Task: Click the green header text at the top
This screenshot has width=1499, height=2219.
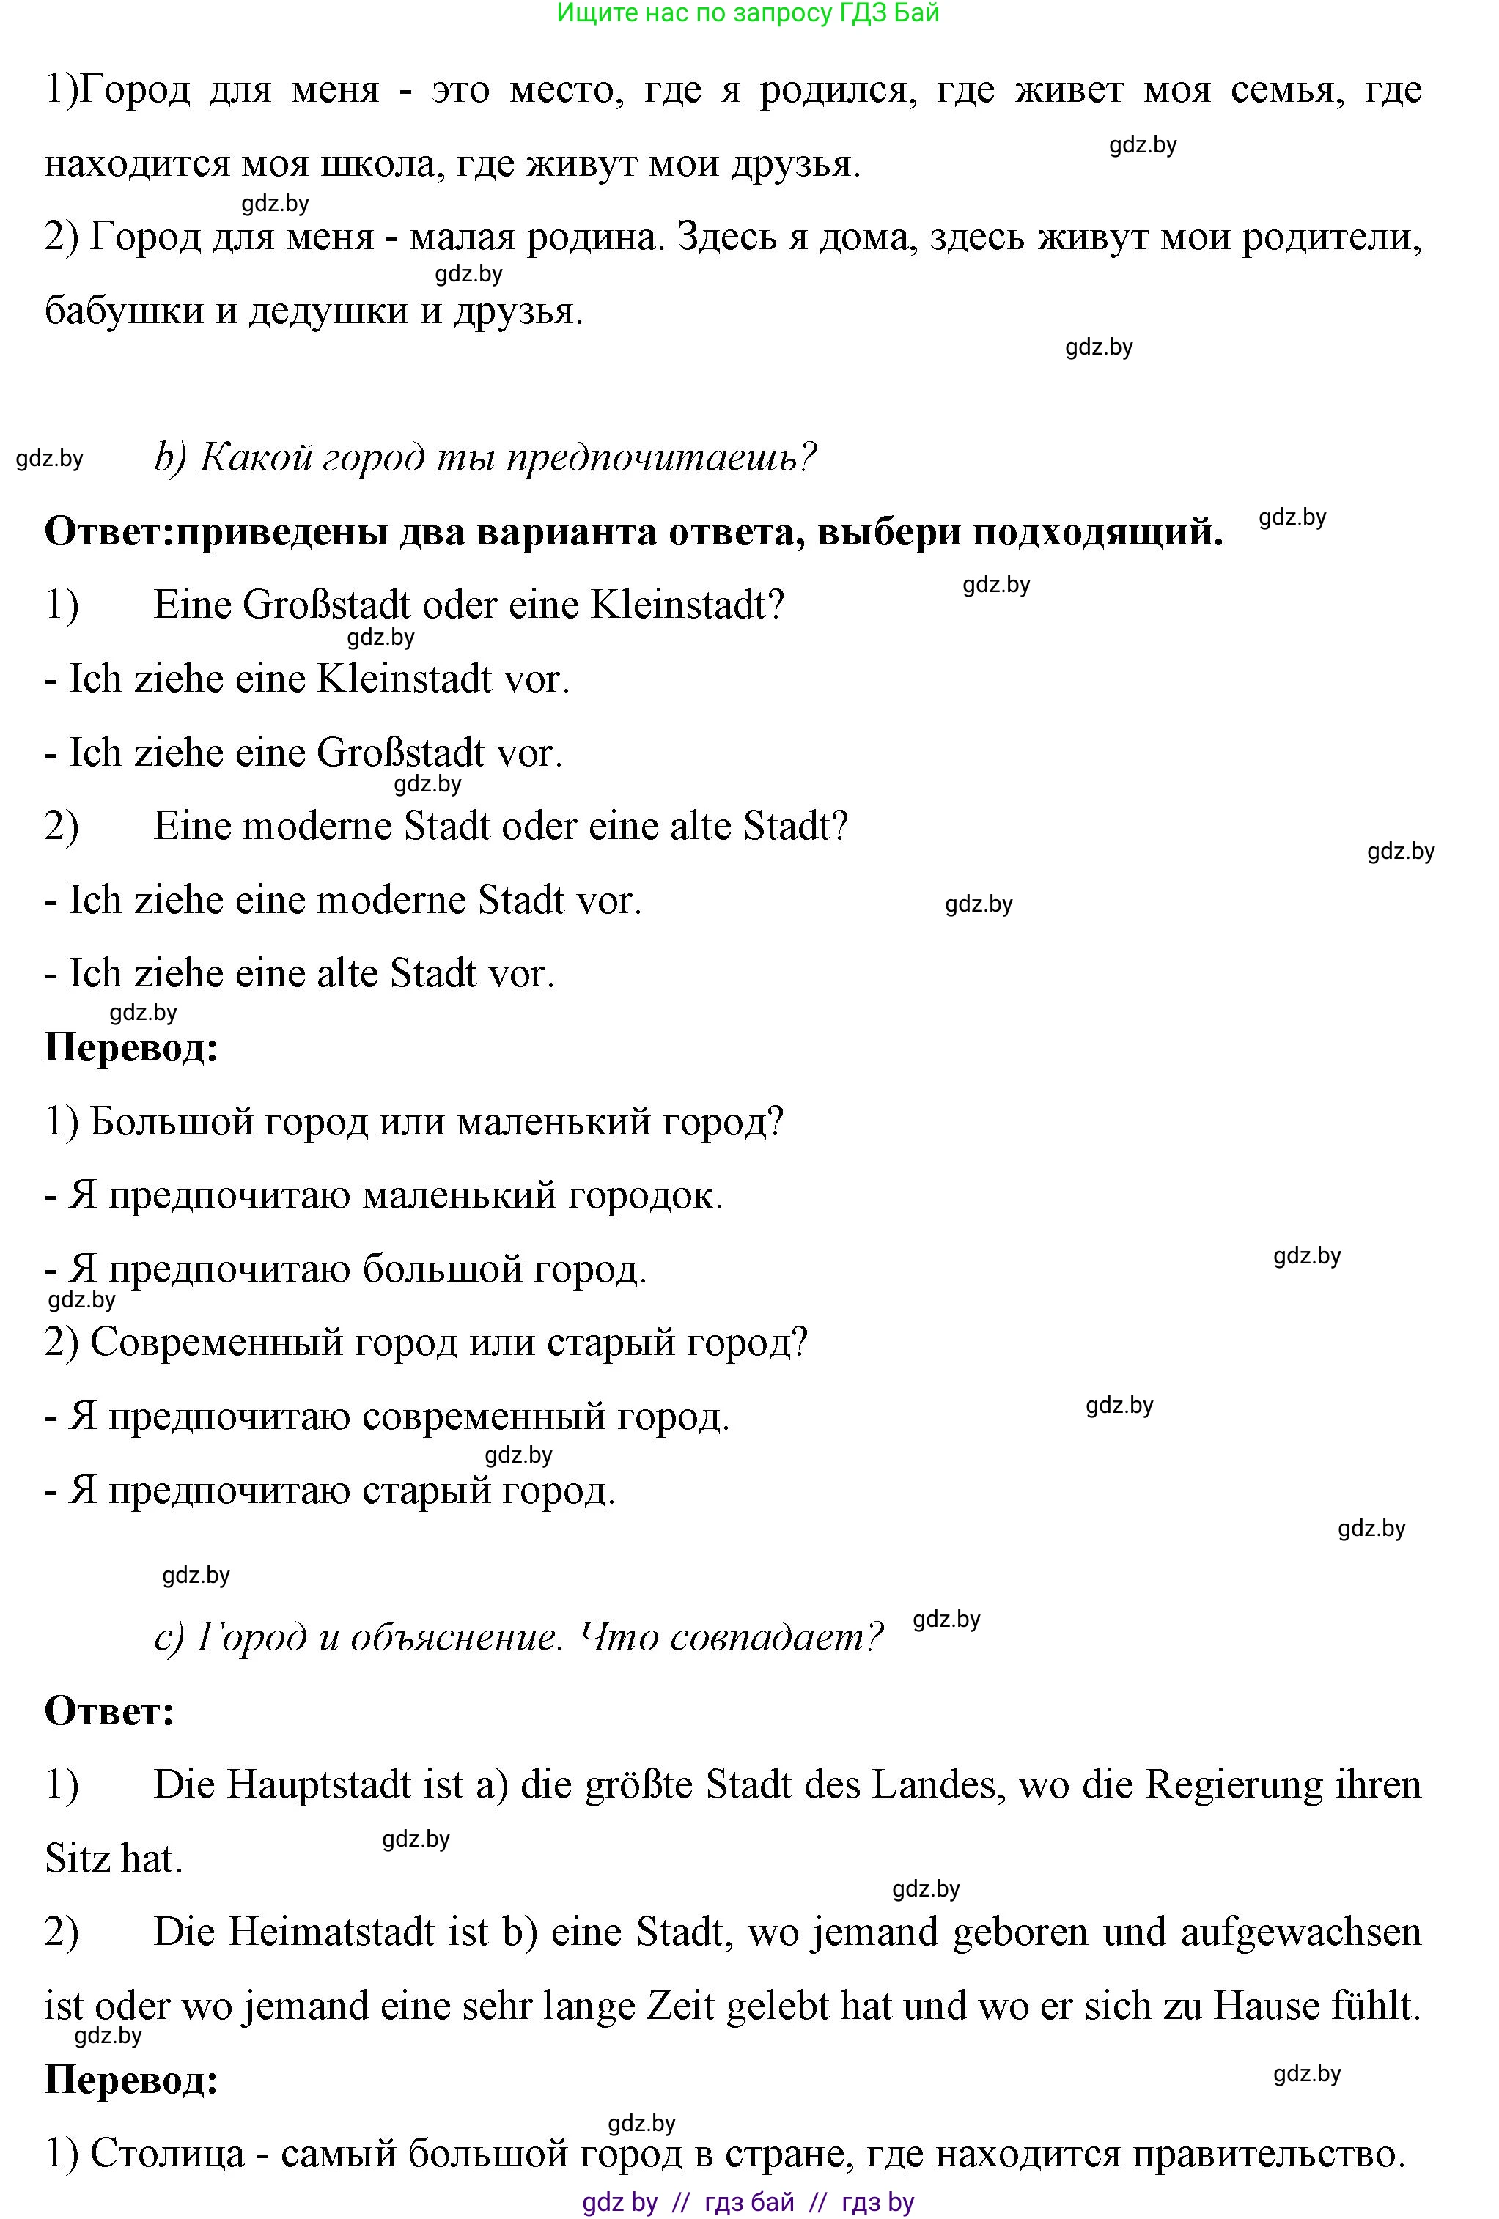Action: [x=748, y=13]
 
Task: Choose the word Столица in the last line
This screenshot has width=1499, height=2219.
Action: [x=167, y=2153]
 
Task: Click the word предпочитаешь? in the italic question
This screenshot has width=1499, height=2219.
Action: [x=662, y=458]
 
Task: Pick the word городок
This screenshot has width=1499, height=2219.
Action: [x=644, y=1195]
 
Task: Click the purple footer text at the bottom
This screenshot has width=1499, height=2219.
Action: [x=748, y=2202]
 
